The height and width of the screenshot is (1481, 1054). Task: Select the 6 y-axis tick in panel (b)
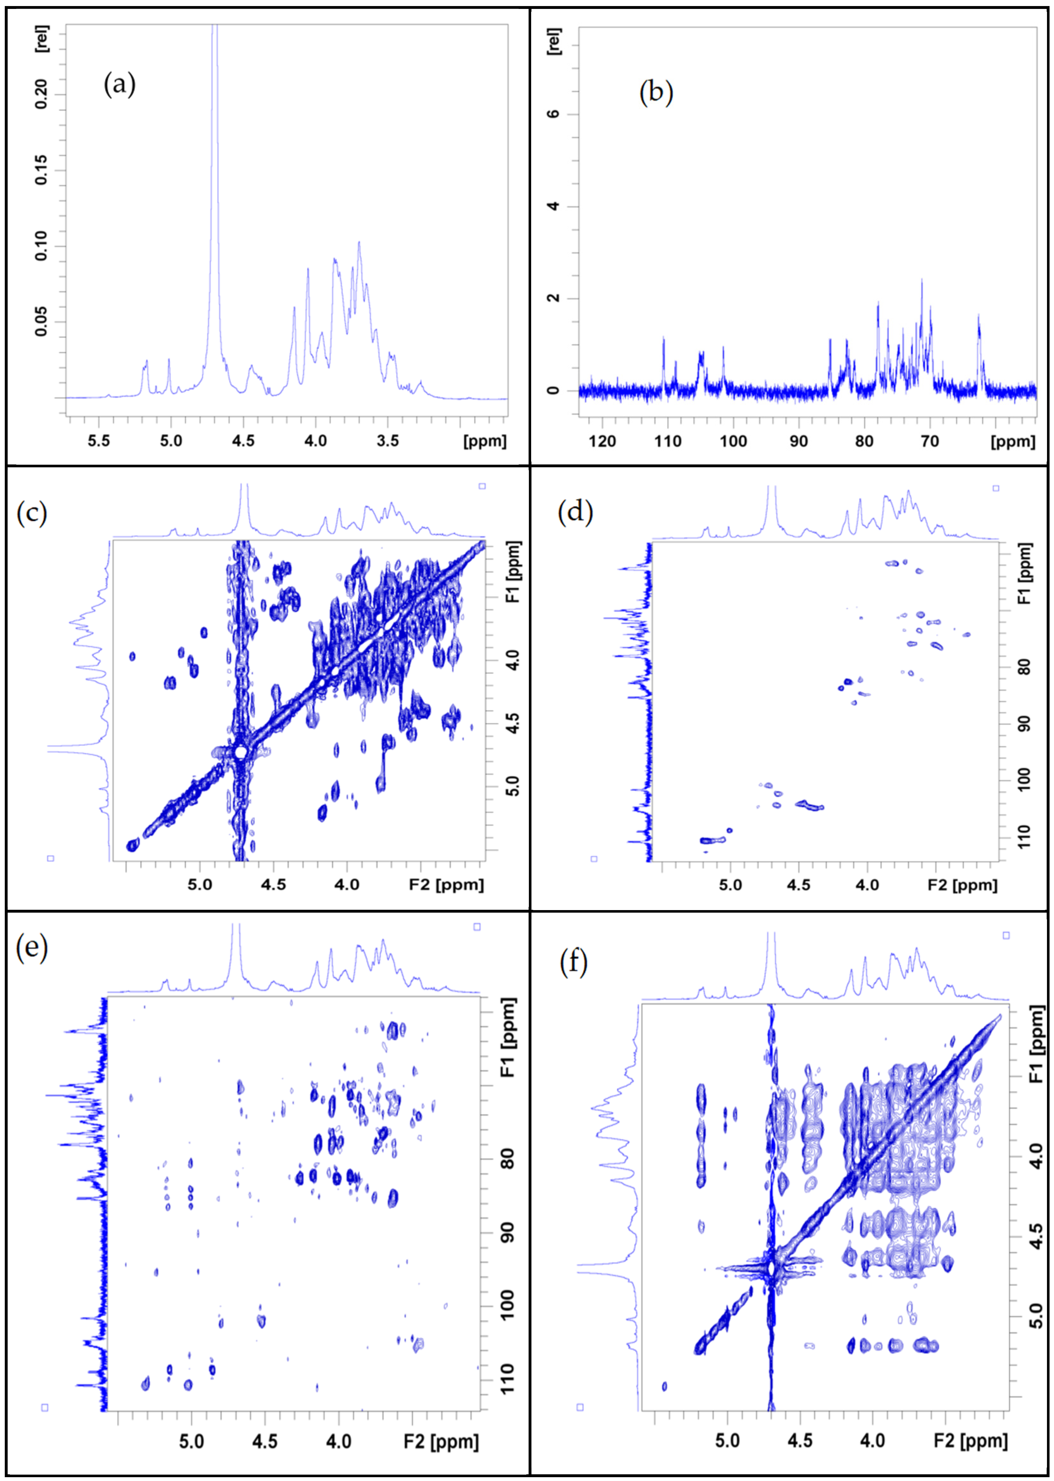(x=553, y=113)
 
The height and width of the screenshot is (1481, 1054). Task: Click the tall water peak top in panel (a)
(x=215, y=29)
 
